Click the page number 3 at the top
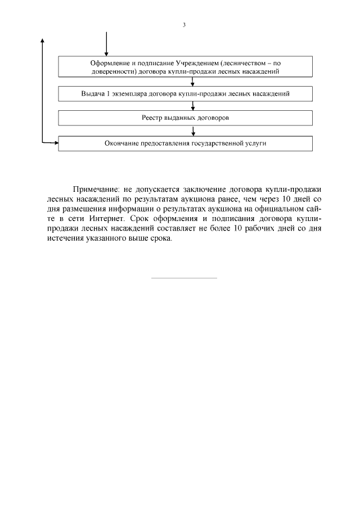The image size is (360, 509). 184,25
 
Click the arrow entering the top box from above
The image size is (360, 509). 106,45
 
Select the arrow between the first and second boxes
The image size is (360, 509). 193,81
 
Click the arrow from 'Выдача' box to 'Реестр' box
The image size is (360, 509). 193,106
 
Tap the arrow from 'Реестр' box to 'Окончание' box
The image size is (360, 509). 193,130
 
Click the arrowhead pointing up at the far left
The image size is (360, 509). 43,41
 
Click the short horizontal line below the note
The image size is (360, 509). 184,278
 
